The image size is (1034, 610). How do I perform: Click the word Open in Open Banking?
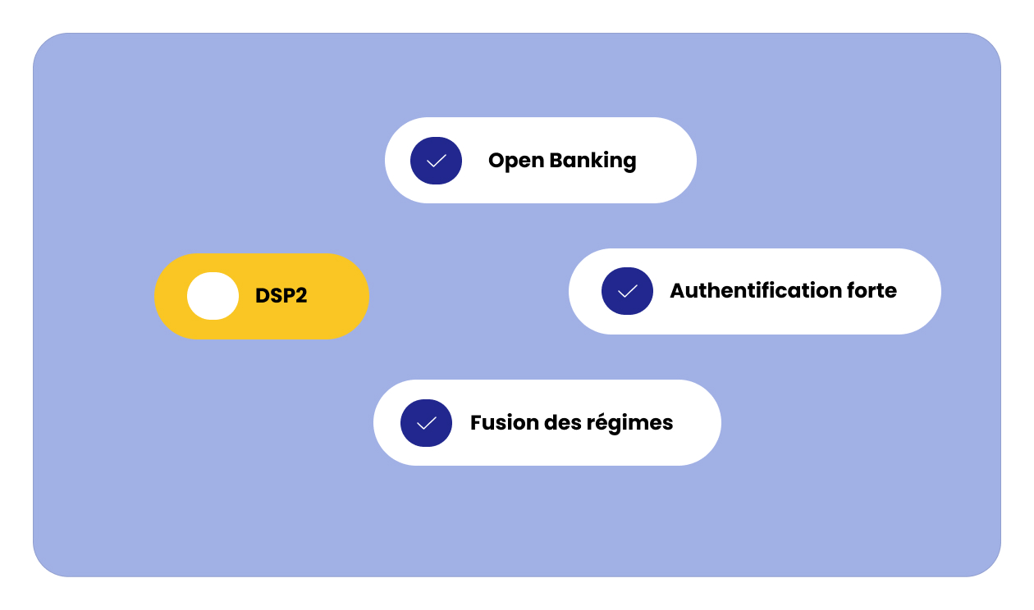pos(516,161)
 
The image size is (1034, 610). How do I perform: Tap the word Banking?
pos(592,161)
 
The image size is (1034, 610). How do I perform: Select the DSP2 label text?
pos(281,295)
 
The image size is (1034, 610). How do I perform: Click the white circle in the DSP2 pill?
pos(213,296)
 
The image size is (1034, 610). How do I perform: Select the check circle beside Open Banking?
pos(437,161)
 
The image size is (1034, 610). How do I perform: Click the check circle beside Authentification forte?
pos(627,291)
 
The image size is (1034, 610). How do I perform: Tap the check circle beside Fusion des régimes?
pos(426,423)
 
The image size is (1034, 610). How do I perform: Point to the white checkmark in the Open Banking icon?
pos(437,161)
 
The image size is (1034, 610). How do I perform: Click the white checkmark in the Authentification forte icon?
pos(627,291)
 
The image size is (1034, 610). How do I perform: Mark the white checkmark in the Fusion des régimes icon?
pos(426,423)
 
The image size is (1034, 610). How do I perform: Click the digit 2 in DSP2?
pos(301,295)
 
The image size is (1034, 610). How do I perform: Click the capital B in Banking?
pos(557,161)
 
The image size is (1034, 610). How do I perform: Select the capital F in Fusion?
pos(477,423)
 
